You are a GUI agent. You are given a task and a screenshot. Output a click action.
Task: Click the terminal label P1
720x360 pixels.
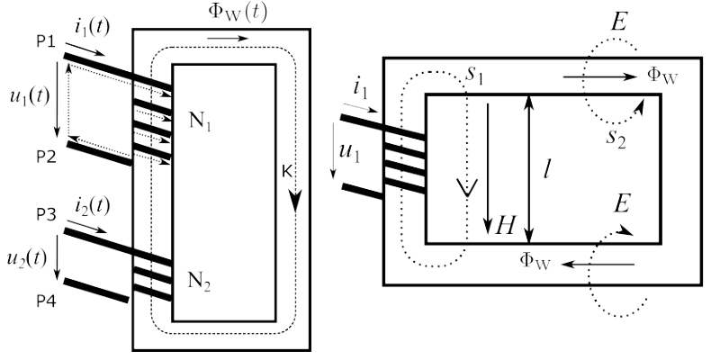(x=46, y=41)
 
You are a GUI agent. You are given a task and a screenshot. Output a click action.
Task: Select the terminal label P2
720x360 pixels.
(x=47, y=157)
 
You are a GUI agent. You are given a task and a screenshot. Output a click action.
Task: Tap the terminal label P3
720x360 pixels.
(x=47, y=214)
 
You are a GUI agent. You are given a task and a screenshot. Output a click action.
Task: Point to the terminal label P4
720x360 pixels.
(x=47, y=301)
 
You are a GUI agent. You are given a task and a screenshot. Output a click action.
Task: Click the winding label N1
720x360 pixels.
(x=200, y=121)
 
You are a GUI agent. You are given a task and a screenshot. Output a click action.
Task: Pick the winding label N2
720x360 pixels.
(x=199, y=281)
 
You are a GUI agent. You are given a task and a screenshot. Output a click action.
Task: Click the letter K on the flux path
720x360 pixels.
(x=287, y=172)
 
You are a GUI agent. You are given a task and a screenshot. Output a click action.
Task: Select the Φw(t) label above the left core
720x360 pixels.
(x=237, y=13)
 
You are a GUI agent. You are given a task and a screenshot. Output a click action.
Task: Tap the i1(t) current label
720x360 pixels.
(x=93, y=28)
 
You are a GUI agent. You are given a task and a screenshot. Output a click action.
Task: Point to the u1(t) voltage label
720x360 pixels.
(x=30, y=97)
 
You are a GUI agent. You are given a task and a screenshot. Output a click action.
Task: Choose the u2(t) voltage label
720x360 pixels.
(x=27, y=258)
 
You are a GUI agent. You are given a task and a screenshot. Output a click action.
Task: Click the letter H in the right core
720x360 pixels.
(x=505, y=225)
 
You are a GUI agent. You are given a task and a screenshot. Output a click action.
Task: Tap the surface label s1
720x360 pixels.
(x=474, y=76)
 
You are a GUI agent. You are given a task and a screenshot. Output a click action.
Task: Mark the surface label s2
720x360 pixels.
(x=616, y=138)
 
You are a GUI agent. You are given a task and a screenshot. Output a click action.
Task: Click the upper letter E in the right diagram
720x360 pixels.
(x=619, y=21)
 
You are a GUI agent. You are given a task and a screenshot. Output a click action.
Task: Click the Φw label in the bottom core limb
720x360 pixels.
(x=534, y=261)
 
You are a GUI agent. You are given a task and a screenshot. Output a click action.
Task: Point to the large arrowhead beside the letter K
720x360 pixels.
(x=295, y=200)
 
